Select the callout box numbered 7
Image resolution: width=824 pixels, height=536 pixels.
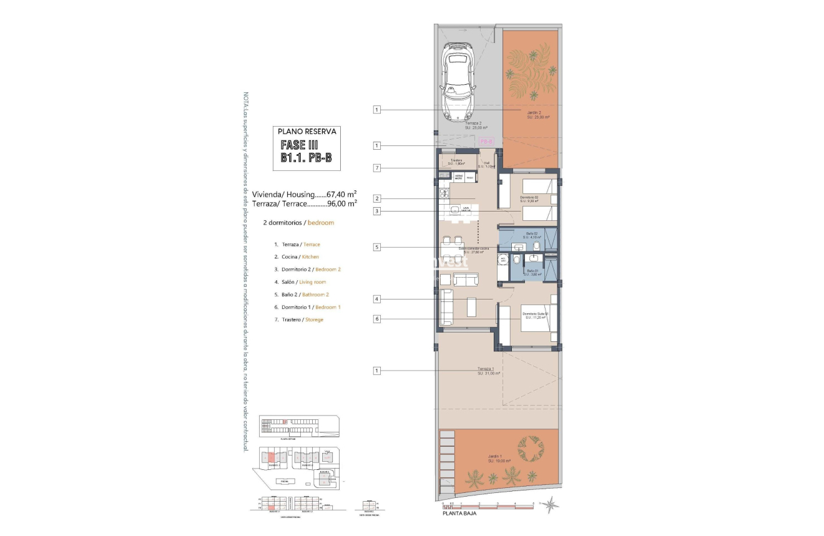click(x=376, y=168)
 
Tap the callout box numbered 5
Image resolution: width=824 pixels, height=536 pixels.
click(x=376, y=247)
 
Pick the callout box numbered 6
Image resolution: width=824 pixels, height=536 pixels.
click(x=376, y=319)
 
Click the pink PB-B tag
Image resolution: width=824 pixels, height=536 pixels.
click(x=486, y=142)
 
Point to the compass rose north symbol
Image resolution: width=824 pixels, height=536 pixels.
click(x=550, y=504)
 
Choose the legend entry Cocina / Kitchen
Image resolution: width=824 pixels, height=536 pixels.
click(x=297, y=257)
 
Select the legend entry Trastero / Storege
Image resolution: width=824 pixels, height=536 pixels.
click(x=298, y=319)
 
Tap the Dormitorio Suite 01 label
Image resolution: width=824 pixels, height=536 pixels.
click(x=536, y=314)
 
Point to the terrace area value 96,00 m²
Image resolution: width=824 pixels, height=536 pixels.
click(x=342, y=203)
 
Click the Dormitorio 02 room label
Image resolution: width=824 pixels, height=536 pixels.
click(x=529, y=199)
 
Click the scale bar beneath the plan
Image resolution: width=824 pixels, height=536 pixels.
click(x=487, y=505)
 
